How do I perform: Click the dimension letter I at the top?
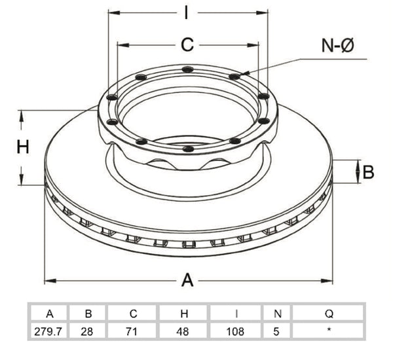pyautogui.click(x=186, y=13)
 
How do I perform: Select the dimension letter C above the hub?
pyautogui.click(x=187, y=45)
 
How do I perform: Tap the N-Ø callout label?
pyautogui.click(x=337, y=46)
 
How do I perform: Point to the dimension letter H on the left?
pyautogui.click(x=23, y=147)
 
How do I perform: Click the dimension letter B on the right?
pyautogui.click(x=368, y=172)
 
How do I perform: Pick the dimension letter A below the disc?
pyautogui.click(x=187, y=280)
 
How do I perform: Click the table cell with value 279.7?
pyautogui.click(x=48, y=332)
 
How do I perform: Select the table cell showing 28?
pyautogui.click(x=87, y=332)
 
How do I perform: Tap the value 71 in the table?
pyautogui.click(x=132, y=332)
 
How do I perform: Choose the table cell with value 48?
pyautogui.click(x=183, y=332)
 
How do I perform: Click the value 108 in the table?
pyautogui.click(x=235, y=332)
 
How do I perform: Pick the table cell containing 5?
pyautogui.click(x=276, y=332)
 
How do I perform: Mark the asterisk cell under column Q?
pyautogui.click(x=329, y=331)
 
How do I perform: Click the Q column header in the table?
pyautogui.click(x=329, y=314)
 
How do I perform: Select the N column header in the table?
pyautogui.click(x=278, y=314)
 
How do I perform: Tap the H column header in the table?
pyautogui.click(x=184, y=314)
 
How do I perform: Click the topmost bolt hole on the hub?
pyautogui.click(x=188, y=69)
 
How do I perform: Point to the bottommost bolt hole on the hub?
pyautogui.click(x=188, y=149)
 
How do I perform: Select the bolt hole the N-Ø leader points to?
pyautogui.click(x=235, y=76)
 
